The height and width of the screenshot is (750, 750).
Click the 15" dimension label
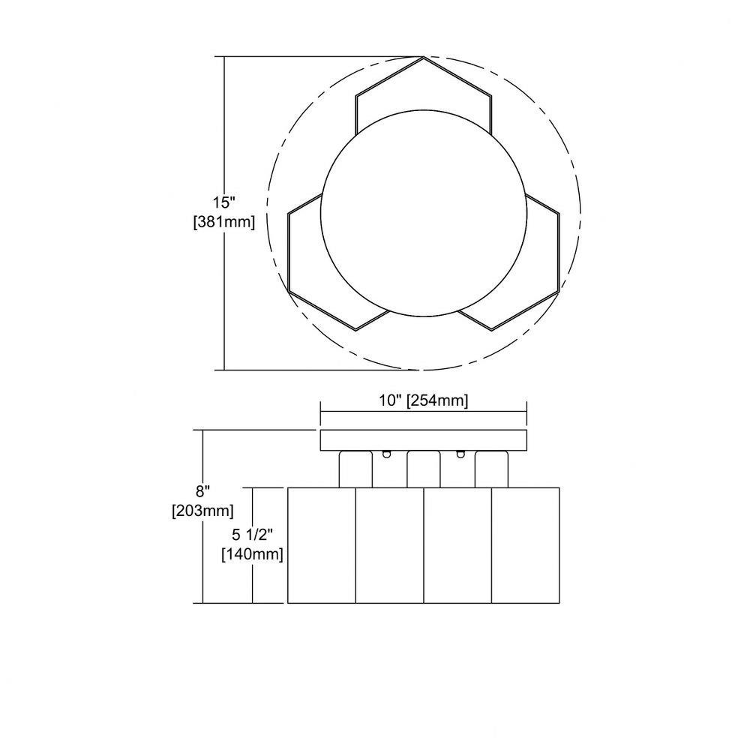click(224, 202)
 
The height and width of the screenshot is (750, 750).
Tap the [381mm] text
click(223, 222)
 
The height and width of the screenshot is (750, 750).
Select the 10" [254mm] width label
click(423, 400)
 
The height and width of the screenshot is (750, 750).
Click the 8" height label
click(202, 491)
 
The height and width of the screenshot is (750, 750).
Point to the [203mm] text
click(202, 511)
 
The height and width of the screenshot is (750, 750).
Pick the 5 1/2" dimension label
click(252, 534)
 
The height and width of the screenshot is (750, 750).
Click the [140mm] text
click(252, 554)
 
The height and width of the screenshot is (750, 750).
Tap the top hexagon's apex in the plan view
click(423, 57)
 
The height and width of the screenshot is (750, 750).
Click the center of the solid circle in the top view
click(423, 213)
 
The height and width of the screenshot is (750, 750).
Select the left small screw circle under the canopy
click(386, 454)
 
